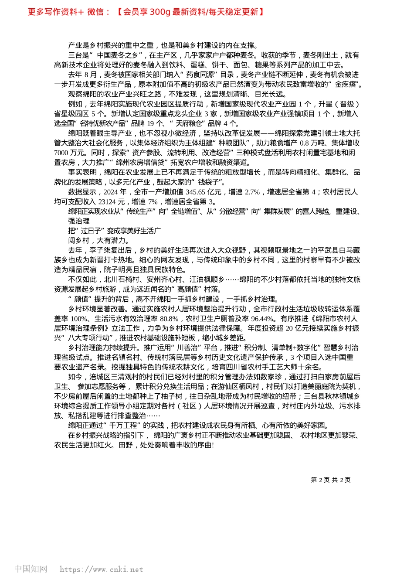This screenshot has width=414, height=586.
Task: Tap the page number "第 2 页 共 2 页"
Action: pyautogui.click(x=331, y=480)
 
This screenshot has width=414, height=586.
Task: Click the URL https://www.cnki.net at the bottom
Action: pyautogui.click(x=101, y=569)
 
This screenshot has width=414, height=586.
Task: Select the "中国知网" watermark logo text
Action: pyautogui.click(x=31, y=569)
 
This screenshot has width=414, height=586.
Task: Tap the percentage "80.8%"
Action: pyautogui.click(x=169, y=319)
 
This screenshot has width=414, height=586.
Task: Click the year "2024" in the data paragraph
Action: pyautogui.click(x=111, y=192)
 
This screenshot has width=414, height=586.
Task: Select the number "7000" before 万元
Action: pyautogui.click(x=61, y=153)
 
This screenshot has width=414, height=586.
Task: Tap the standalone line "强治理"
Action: pyautogui.click(x=79, y=221)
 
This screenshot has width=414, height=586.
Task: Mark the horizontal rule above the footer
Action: pyautogui.click(x=207, y=543)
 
